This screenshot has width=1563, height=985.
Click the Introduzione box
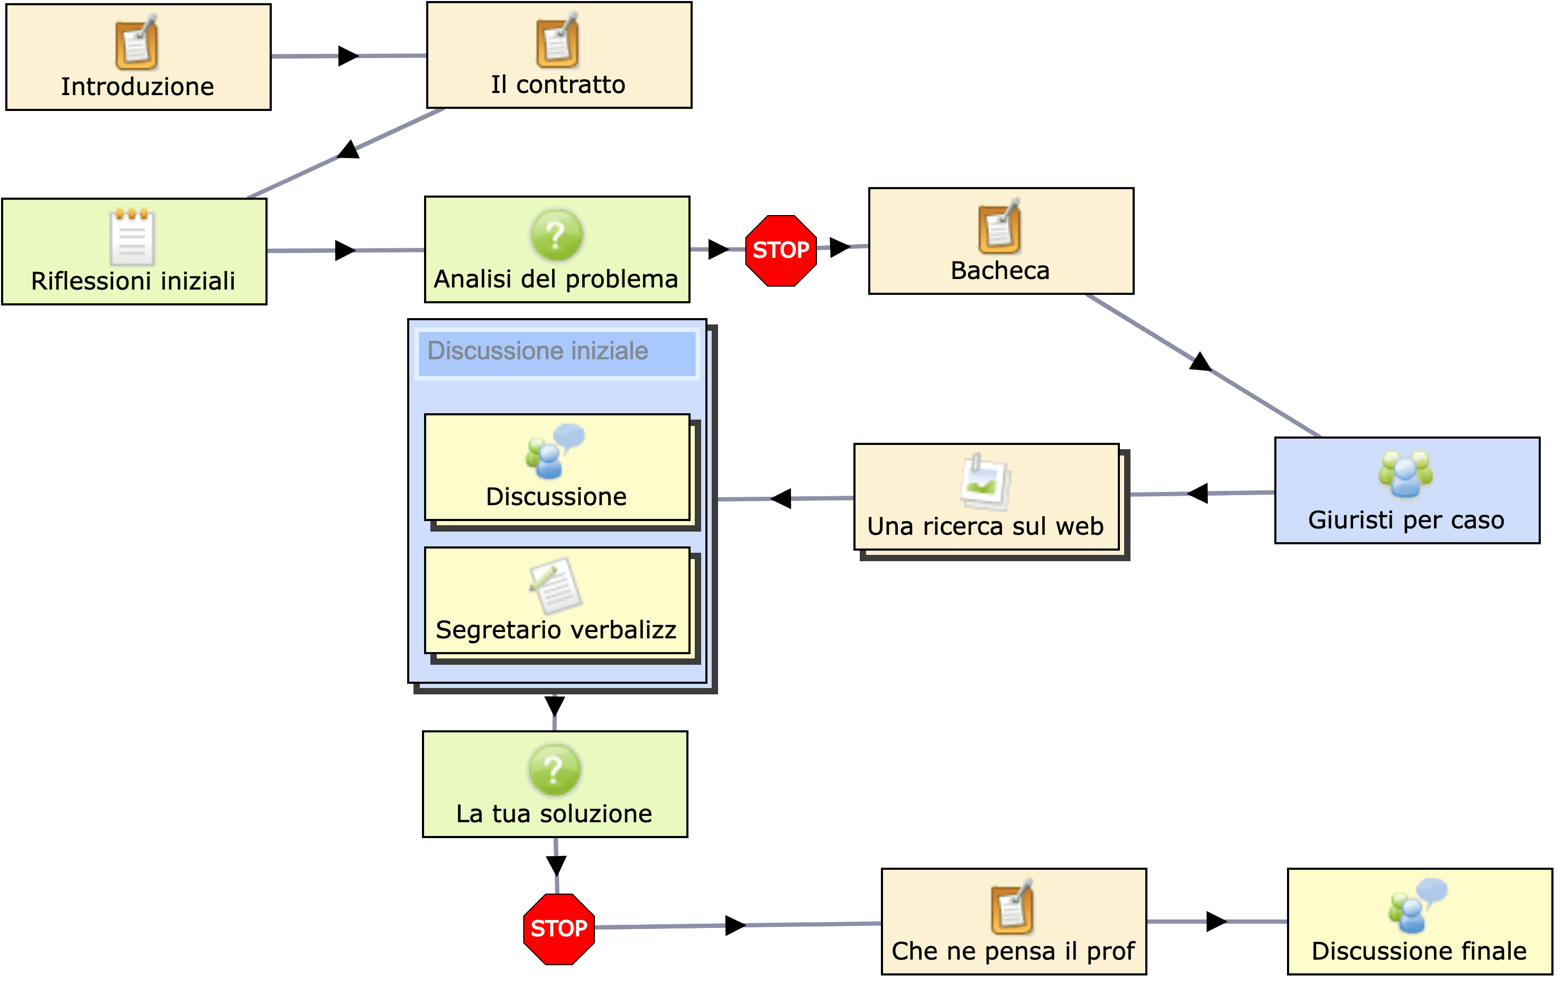click(137, 57)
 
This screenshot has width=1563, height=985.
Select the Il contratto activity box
click(558, 55)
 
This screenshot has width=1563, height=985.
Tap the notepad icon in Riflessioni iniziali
click(132, 237)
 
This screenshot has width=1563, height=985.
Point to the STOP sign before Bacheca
click(780, 250)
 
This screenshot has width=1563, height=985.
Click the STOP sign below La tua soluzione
click(558, 928)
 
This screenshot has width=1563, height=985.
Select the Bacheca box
click(1000, 241)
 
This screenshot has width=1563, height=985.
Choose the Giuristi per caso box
click(1406, 490)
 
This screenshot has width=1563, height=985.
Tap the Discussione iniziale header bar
click(556, 352)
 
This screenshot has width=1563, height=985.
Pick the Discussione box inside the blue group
click(556, 467)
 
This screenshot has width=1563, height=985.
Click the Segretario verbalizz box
click(556, 600)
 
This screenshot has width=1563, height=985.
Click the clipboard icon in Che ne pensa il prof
click(1012, 907)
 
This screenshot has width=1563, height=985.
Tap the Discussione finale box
click(1419, 922)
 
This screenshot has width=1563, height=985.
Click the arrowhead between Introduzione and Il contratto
click(348, 56)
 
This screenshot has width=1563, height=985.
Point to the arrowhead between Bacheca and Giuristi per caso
click(1201, 362)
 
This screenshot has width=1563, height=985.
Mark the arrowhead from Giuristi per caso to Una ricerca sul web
click(1198, 493)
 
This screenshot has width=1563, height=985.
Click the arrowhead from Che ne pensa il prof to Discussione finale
click(1216, 922)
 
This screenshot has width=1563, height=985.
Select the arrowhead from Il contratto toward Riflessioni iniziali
click(349, 150)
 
